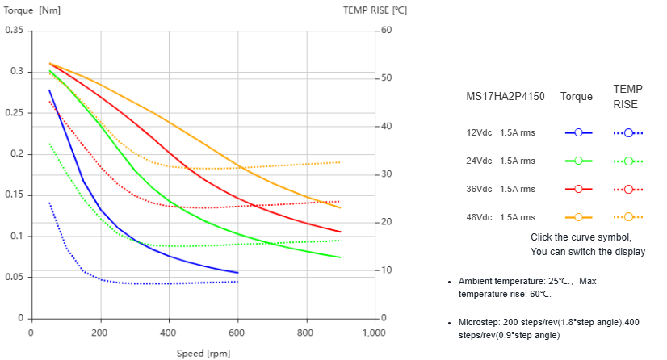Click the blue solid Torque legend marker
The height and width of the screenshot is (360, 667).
tap(579, 132)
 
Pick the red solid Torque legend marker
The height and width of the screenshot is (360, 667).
tap(579, 189)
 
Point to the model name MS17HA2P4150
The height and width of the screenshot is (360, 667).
tap(505, 97)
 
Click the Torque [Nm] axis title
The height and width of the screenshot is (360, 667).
tap(33, 10)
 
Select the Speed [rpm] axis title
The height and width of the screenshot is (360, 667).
tap(203, 353)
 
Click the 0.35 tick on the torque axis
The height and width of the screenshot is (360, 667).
tap(15, 31)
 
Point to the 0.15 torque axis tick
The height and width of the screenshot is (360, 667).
tap(15, 195)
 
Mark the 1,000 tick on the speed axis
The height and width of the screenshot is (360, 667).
tap(374, 333)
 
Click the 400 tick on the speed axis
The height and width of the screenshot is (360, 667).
tap(168, 333)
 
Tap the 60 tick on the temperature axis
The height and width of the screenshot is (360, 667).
tap(386, 31)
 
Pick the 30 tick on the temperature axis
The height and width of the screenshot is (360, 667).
tap(386, 174)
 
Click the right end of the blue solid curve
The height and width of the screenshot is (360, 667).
tap(237, 273)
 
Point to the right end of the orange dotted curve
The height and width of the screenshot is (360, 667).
tap(340, 162)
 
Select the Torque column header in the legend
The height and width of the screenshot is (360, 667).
tap(577, 97)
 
